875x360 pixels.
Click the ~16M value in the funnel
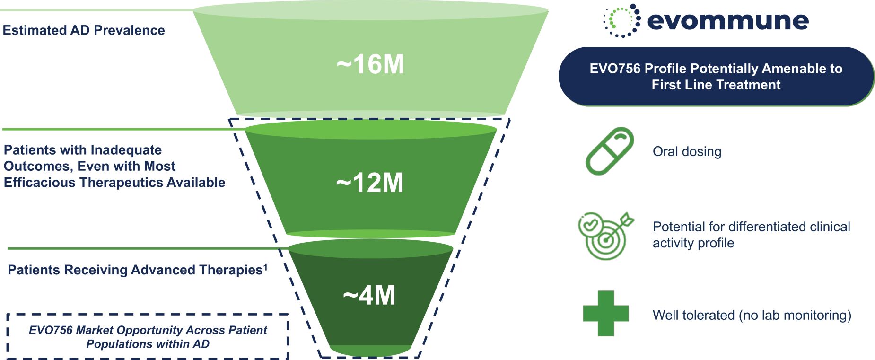[370, 64]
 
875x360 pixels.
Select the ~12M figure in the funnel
[370, 183]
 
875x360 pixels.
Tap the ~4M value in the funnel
[369, 296]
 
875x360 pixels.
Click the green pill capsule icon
[610, 151]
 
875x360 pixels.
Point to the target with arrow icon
[605, 236]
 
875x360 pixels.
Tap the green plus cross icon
[605, 313]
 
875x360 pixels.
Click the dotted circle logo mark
[621, 21]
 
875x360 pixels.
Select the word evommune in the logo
[727, 21]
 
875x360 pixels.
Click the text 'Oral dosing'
[687, 152]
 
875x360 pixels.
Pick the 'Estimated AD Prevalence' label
[84, 30]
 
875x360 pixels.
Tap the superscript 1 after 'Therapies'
[265, 267]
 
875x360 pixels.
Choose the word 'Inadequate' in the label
[126, 150]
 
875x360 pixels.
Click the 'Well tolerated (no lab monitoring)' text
[752, 315]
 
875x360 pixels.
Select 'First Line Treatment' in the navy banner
[716, 85]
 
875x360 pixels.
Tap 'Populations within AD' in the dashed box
[148, 344]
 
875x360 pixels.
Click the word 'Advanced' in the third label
[162, 270]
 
